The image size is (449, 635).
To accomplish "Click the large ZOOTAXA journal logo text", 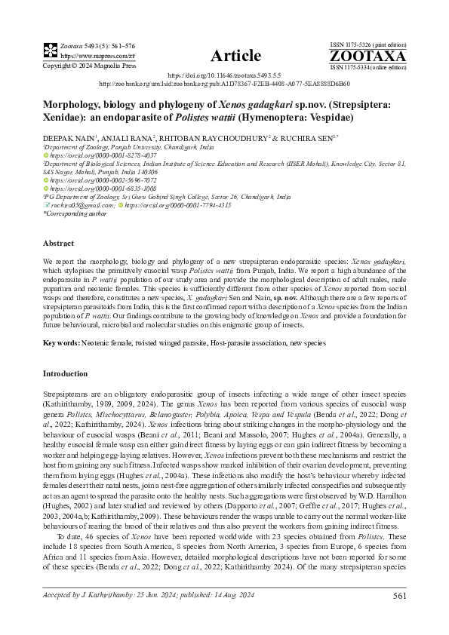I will coord(368,57).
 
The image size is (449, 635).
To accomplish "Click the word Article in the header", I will coord(235,56).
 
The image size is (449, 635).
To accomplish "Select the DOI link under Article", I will coord(224,76).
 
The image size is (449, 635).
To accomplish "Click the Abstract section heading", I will coord(58,244).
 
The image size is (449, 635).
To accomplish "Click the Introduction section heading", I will coord(66,374).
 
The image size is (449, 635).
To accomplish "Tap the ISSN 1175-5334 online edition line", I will coord(368,66).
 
